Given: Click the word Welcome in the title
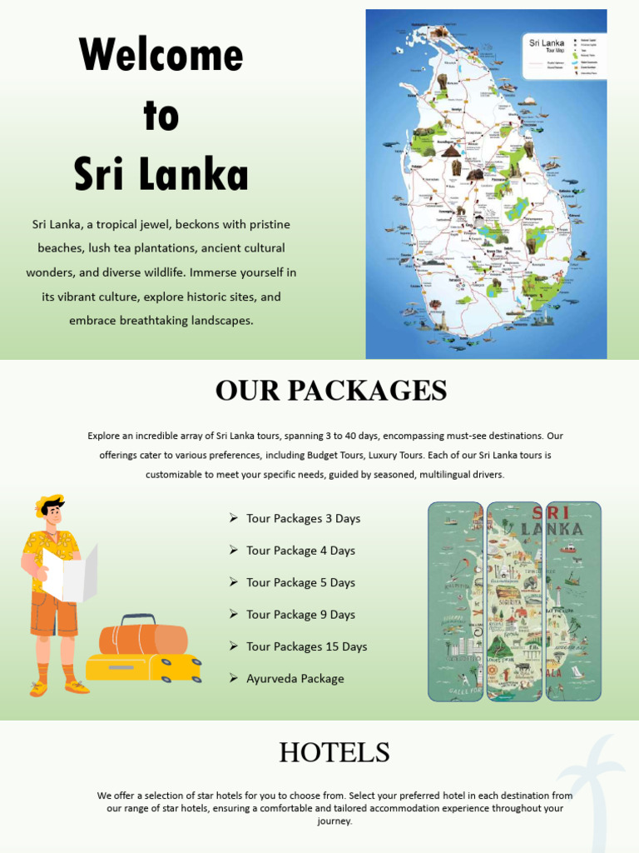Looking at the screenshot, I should click(x=161, y=55).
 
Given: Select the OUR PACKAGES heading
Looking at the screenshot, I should click(x=331, y=390).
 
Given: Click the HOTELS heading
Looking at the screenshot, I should click(x=334, y=752).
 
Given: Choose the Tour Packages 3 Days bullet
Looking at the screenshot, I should click(x=303, y=518).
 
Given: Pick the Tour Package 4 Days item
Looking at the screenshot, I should click(x=300, y=551).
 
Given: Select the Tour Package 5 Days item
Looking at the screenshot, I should click(x=300, y=582).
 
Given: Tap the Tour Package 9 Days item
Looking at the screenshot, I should click(x=300, y=615).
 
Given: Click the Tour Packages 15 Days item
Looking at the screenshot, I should click(x=306, y=646).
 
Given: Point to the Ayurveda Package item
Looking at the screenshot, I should click(x=295, y=679).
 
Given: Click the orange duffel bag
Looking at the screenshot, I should click(x=143, y=639).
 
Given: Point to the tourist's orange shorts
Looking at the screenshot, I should click(x=54, y=614).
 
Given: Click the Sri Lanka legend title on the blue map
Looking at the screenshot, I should click(x=547, y=42).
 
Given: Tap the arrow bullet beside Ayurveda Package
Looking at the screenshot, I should click(x=234, y=678).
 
